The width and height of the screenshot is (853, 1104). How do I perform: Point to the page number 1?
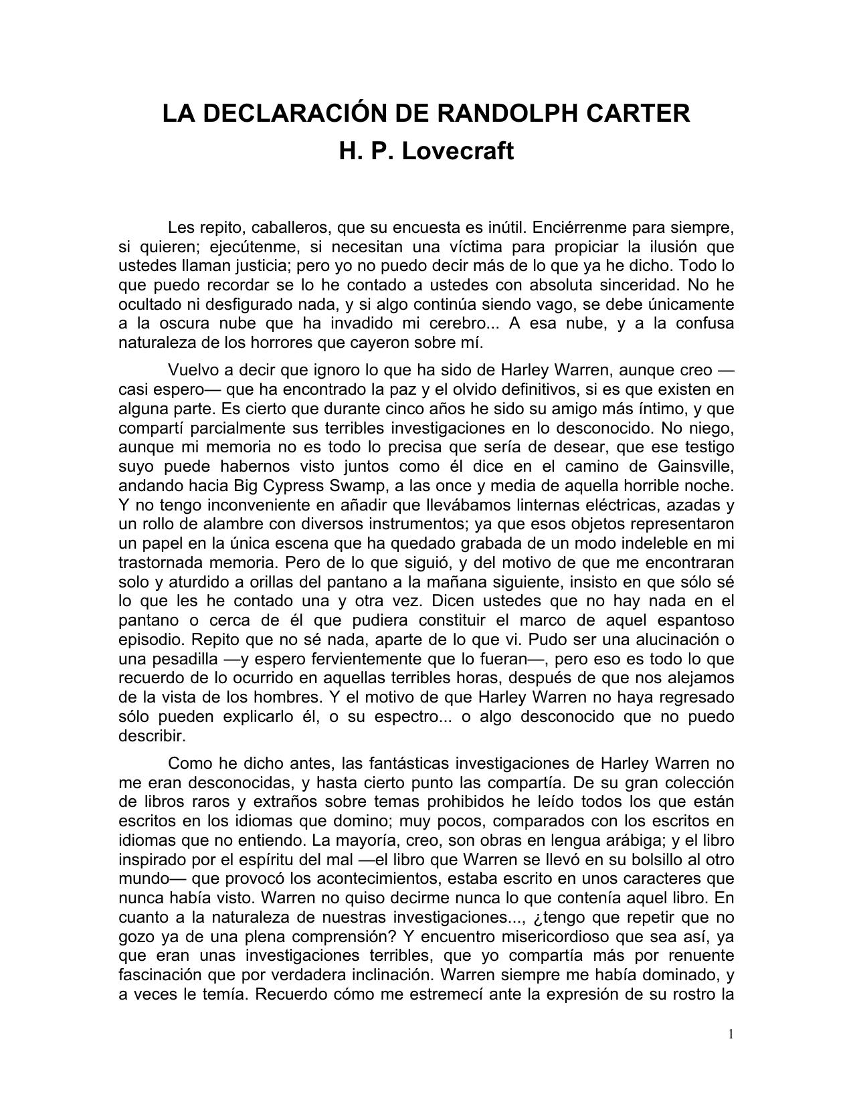[731, 1034]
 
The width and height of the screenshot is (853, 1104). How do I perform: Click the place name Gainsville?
[696, 466]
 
